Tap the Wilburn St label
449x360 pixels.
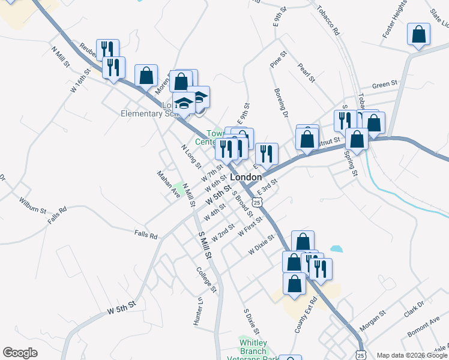pyautogui.click(x=32, y=205)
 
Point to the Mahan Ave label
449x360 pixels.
pyautogui.click(x=169, y=184)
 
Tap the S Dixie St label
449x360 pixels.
pyautogui.click(x=251, y=322)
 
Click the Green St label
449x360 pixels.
pyautogui.click(x=385, y=85)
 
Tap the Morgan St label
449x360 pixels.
pyautogui.click(x=372, y=321)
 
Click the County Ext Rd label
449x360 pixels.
pyautogui.click(x=304, y=315)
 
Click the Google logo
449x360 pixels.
pyautogui.click(x=20, y=353)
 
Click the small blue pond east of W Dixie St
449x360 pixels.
pyautogui.click(x=336, y=248)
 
